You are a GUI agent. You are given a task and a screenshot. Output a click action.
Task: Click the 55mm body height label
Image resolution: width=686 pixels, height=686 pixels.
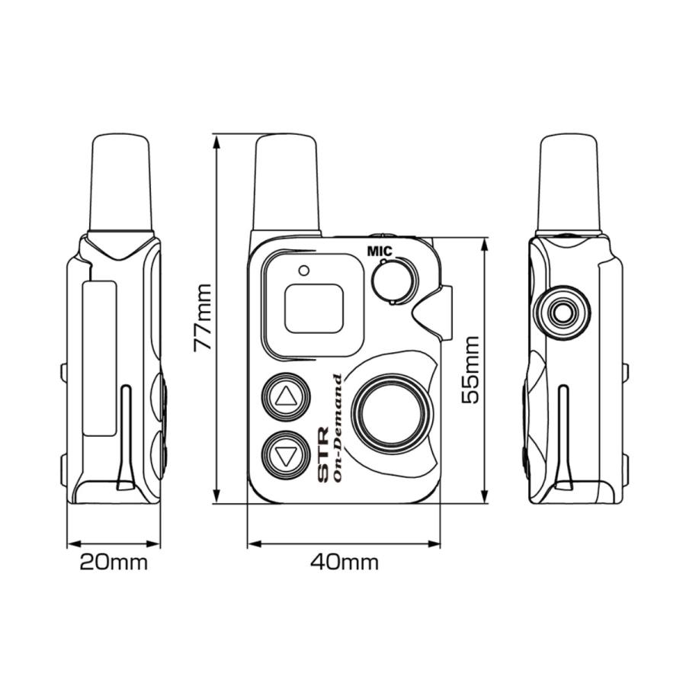click(470, 369)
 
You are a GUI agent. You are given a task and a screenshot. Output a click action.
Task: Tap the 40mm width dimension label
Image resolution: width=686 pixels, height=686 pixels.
click(344, 563)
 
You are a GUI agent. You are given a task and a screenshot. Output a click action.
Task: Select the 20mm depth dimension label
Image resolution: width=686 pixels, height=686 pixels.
click(114, 563)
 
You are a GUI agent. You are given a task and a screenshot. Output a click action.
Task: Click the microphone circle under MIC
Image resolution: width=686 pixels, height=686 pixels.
click(395, 280)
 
